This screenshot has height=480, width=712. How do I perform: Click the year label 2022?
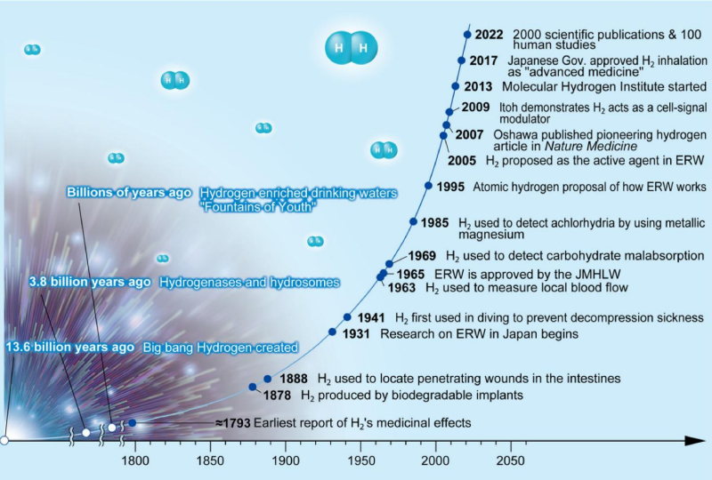(489, 36)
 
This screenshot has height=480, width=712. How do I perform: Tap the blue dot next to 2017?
(461, 60)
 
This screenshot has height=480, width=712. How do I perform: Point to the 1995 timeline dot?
(429, 187)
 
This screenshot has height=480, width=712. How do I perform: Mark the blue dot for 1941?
(347, 317)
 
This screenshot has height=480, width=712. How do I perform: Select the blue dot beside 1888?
(267, 378)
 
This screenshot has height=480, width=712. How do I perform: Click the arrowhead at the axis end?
(699, 439)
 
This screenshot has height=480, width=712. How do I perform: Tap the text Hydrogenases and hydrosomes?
(249, 283)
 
